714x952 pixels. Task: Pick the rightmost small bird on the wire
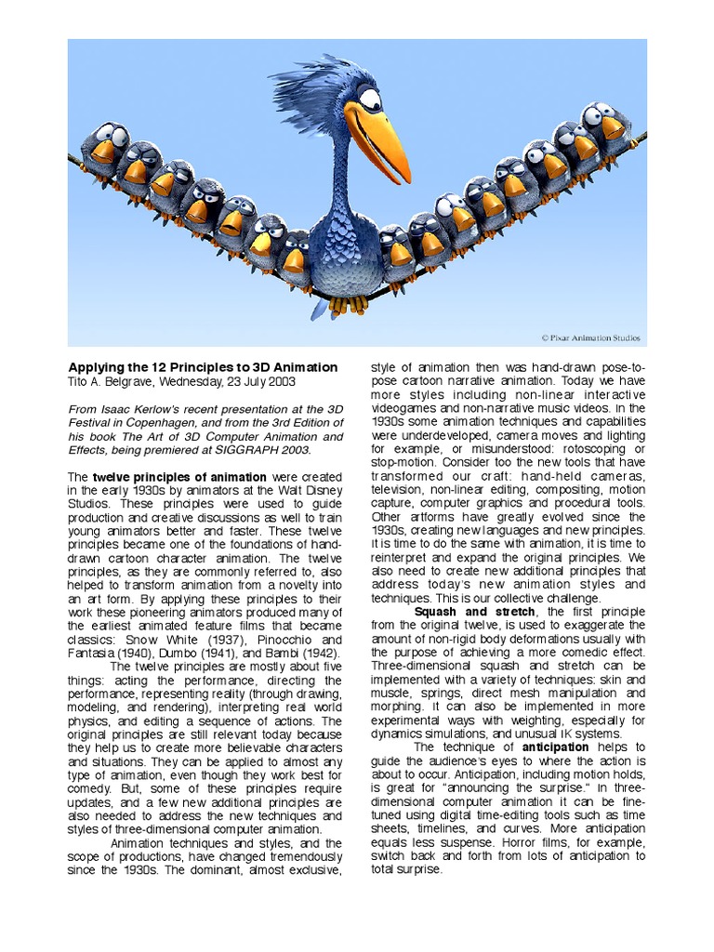[607, 125]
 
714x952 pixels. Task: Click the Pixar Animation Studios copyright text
[590, 338]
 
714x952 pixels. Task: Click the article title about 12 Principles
[203, 367]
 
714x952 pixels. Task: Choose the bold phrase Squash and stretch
[474, 612]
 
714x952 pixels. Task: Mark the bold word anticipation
[555, 747]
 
